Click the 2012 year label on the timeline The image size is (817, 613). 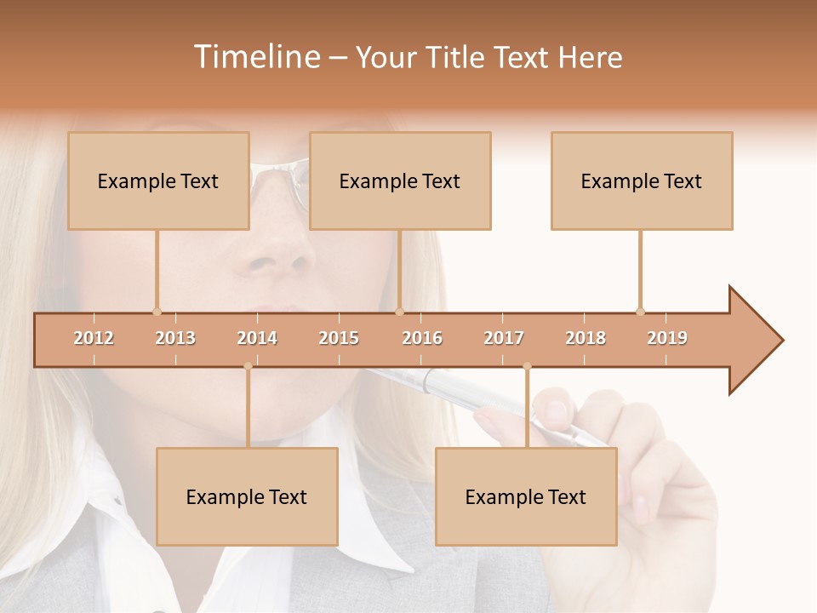[x=94, y=338]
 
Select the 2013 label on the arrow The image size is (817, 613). [x=175, y=338]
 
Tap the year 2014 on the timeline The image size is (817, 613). [x=257, y=338]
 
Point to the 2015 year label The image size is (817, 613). [x=339, y=338]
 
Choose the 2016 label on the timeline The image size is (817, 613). [x=422, y=338]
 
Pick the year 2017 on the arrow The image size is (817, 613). [x=504, y=338]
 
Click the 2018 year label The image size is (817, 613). [x=586, y=338]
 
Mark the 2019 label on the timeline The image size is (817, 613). [x=667, y=338]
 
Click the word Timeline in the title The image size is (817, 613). [x=255, y=57]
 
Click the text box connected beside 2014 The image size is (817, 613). [x=247, y=496]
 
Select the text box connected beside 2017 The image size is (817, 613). [x=526, y=496]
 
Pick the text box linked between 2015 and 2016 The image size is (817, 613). [x=400, y=180]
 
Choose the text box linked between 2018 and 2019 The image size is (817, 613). [x=642, y=180]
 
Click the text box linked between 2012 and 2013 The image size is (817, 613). [x=158, y=180]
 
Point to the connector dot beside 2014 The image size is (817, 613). [x=248, y=366]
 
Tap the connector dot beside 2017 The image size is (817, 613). [x=527, y=366]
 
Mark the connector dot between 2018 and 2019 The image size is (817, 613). [x=640, y=312]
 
